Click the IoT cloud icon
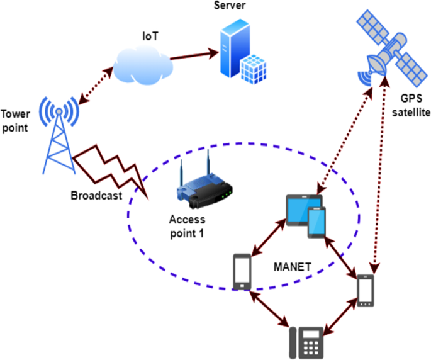pos(144,62)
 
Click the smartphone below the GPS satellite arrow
pos(366,291)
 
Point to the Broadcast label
pos(96,196)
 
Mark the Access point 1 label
pos(188,226)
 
